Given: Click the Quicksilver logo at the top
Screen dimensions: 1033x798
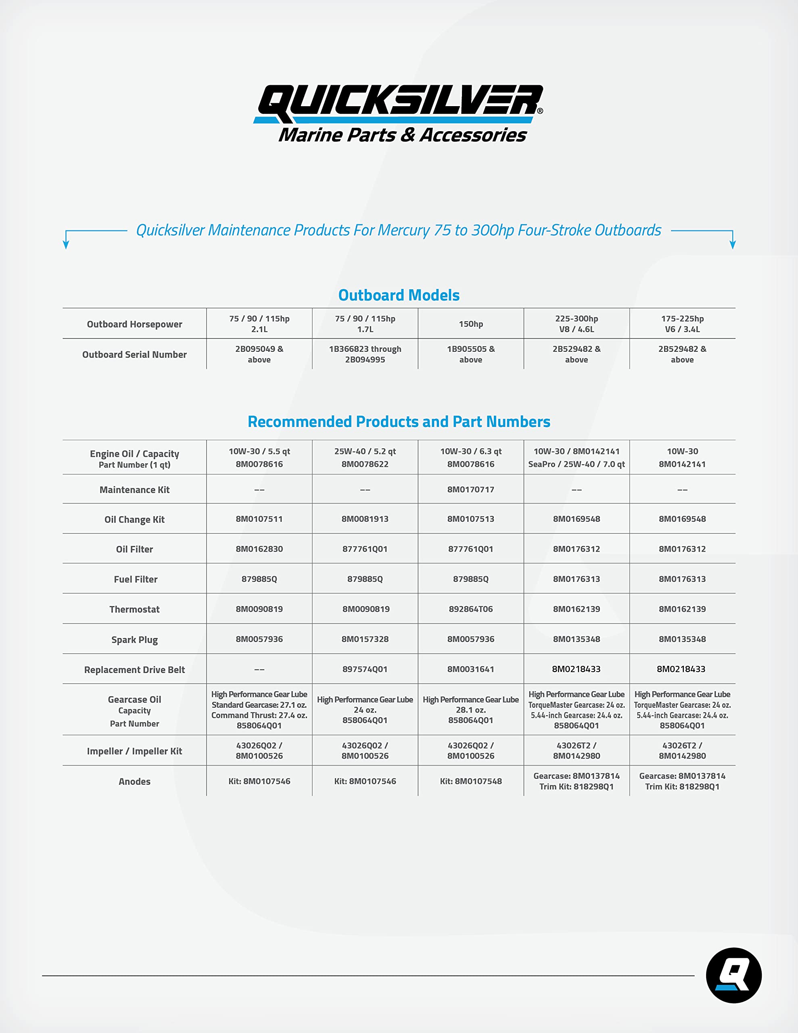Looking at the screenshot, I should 399,113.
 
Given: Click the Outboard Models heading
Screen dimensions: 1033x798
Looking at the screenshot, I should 399,295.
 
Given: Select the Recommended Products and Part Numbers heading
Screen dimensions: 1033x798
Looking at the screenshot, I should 399,421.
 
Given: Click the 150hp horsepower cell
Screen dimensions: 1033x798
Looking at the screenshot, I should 471,324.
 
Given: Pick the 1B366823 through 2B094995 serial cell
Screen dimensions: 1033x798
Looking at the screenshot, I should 365,354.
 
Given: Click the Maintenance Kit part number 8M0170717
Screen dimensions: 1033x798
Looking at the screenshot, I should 471,489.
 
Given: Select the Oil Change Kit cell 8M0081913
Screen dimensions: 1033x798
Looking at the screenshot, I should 365,519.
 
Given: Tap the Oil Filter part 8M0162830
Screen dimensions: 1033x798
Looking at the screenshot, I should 259,549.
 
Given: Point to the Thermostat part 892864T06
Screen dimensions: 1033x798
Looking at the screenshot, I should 471,609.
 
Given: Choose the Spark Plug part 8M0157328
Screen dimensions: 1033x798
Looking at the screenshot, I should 365,639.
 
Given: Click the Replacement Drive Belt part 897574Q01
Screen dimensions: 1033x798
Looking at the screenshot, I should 365,669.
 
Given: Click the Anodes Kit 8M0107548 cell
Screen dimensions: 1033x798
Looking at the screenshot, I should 471,781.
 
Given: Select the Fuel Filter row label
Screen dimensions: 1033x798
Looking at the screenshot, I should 135,579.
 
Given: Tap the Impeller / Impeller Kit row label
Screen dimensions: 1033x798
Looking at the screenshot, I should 134,751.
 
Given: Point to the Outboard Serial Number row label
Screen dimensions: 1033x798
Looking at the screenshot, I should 134,355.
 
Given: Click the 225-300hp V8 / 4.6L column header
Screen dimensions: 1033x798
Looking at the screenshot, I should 576,324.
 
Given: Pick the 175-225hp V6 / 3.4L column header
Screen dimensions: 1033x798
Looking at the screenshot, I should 682,324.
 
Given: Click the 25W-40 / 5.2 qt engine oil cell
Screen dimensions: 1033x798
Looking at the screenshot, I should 365,457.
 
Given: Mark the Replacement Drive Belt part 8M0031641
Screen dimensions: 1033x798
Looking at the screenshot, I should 471,669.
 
